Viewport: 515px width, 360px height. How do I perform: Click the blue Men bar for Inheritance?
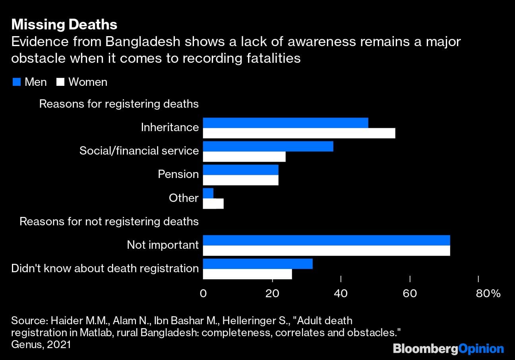(x=285, y=123)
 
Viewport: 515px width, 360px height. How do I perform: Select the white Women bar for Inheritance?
(x=299, y=134)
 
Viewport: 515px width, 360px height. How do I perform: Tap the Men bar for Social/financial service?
(x=268, y=146)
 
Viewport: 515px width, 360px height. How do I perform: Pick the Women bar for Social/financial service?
(x=244, y=157)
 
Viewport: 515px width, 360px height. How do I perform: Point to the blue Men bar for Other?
(x=208, y=193)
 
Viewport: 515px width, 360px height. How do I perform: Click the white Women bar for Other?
(x=213, y=204)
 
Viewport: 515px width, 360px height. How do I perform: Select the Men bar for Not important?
(x=326, y=240)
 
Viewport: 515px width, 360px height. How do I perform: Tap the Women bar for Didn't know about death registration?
(x=247, y=274)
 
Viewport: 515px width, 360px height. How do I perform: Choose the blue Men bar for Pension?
(x=240, y=170)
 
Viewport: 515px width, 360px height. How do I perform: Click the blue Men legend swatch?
(x=16, y=82)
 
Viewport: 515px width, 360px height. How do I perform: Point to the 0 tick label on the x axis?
(x=203, y=294)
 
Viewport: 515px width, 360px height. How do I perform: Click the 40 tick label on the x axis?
(x=341, y=294)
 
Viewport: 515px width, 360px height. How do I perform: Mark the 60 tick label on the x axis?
(x=410, y=294)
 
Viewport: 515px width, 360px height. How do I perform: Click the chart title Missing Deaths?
(x=64, y=25)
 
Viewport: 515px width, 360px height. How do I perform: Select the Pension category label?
(x=178, y=174)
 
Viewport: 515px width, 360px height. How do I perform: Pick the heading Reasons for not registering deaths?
(x=109, y=221)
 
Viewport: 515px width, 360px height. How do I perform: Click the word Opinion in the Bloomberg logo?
(x=481, y=349)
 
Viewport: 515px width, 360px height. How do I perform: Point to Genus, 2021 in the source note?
(x=41, y=345)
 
